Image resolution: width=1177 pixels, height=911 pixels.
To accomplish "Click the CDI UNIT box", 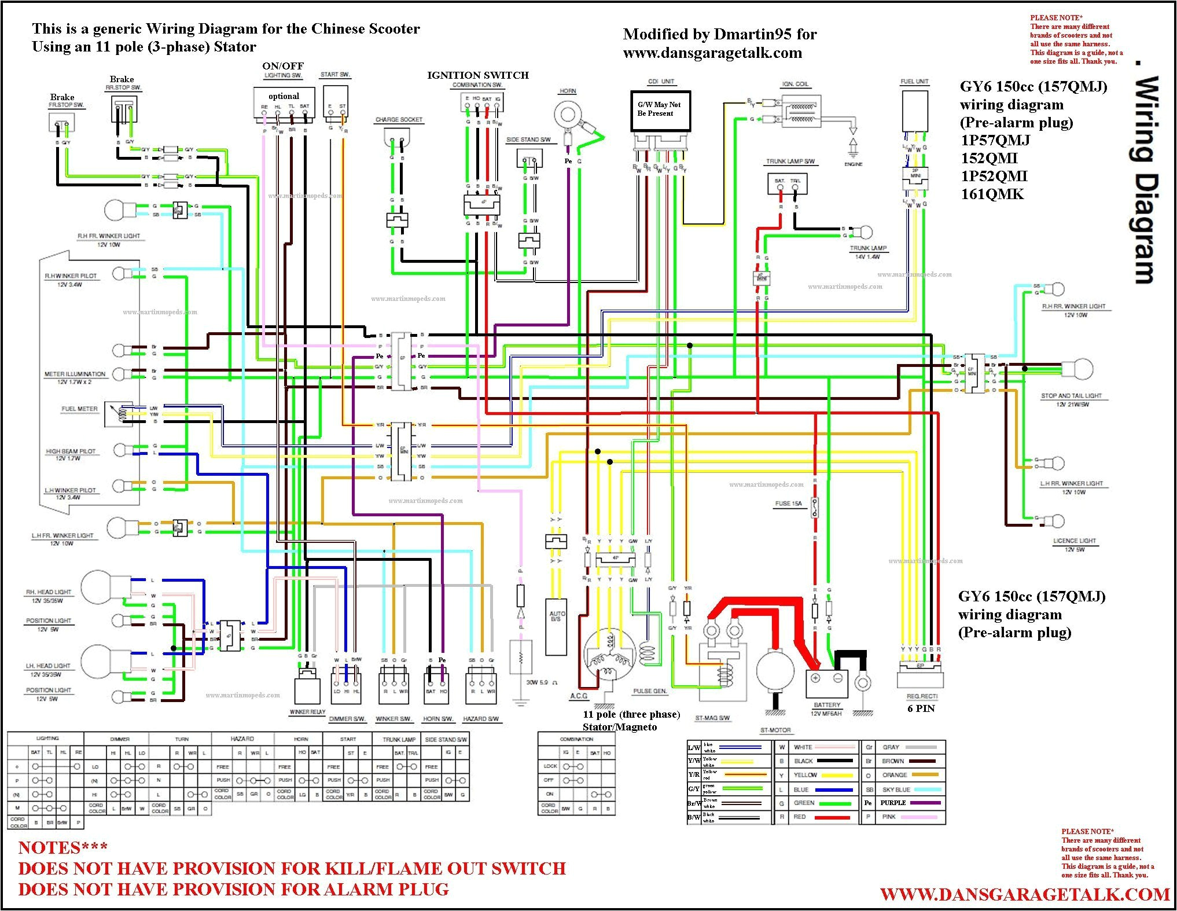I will point(660,111).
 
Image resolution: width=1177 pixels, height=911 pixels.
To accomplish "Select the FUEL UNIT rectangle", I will point(915,111).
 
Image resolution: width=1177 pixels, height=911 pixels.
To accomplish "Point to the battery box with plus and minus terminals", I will point(827,684).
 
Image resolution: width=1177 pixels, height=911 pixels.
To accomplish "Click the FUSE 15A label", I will point(788,504).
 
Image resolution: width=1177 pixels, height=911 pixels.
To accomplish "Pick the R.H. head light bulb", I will point(97,587).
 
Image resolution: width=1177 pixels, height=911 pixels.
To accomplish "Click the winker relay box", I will point(307,689).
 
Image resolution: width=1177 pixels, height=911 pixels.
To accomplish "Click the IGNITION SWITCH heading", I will point(477,75).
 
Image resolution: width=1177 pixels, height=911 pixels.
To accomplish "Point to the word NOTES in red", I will point(62,848).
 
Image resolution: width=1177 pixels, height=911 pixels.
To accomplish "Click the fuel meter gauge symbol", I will point(119,413).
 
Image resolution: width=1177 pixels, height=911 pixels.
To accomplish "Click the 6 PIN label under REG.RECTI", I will point(921,708).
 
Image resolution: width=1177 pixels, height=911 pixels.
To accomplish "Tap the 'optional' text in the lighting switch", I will point(284,96).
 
